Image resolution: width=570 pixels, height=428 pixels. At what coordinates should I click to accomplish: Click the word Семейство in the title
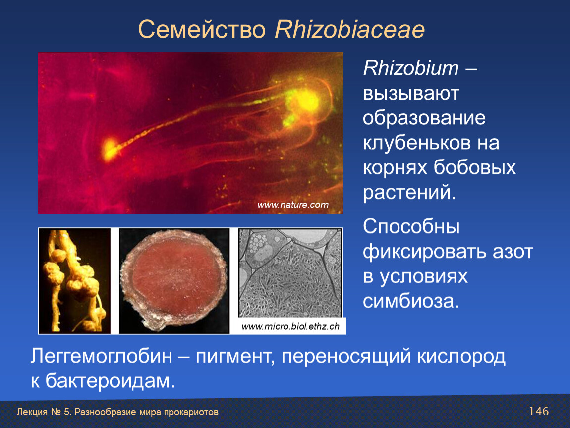202,29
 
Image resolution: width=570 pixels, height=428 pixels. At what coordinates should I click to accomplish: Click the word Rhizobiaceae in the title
350,29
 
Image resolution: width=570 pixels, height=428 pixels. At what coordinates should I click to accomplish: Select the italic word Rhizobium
411,68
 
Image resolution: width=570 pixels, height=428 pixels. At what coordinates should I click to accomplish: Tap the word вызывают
411,94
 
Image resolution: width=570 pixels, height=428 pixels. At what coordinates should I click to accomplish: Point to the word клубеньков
415,143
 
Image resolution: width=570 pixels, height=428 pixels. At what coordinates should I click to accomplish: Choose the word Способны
411,227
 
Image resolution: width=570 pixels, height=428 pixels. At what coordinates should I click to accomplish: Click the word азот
513,252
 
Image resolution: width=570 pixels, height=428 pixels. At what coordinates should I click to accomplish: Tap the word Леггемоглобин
101,356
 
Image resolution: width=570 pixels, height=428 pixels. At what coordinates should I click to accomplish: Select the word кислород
461,357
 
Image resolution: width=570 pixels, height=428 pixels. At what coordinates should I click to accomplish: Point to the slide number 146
539,411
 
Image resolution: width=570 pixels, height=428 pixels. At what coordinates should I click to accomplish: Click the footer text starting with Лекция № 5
117,412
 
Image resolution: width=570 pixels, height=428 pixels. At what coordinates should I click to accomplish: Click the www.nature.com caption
292,205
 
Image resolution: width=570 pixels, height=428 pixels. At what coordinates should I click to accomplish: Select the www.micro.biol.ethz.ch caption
290,326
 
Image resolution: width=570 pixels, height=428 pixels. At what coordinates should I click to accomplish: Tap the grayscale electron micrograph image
290,272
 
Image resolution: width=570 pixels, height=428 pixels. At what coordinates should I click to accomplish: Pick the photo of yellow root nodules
74,281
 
